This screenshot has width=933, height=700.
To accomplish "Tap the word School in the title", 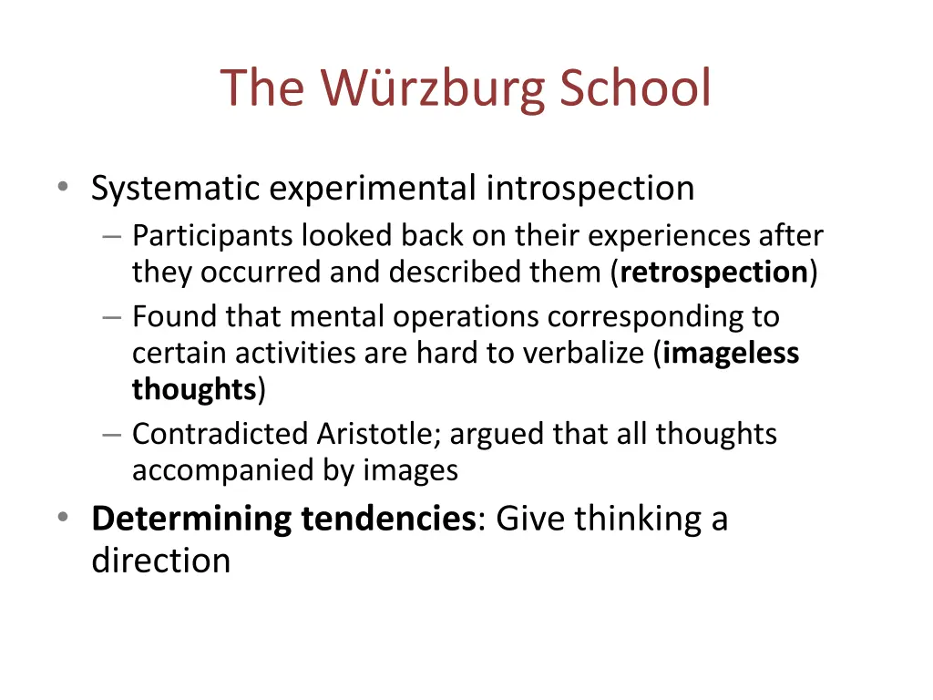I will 634,88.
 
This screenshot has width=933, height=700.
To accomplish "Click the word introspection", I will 590,189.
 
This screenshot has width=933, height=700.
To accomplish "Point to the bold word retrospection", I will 714,273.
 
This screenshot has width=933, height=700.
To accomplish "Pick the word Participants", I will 213,236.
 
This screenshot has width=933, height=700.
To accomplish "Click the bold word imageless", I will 731,353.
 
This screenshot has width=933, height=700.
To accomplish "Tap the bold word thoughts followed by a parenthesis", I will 194,389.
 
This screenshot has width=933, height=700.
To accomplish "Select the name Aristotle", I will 379,434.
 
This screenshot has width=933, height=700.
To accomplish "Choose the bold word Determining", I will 191,519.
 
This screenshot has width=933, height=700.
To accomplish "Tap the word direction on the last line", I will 160,560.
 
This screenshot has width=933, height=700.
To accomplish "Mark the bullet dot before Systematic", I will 62,188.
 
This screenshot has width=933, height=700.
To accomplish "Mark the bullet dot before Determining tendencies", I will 62,518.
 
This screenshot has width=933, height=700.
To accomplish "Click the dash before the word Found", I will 112,317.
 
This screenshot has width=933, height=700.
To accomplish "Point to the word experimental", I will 373,189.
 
